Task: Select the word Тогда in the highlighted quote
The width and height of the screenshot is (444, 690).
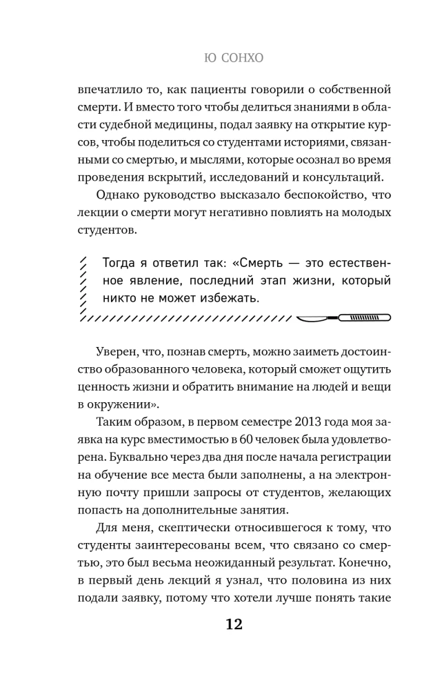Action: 118,264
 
